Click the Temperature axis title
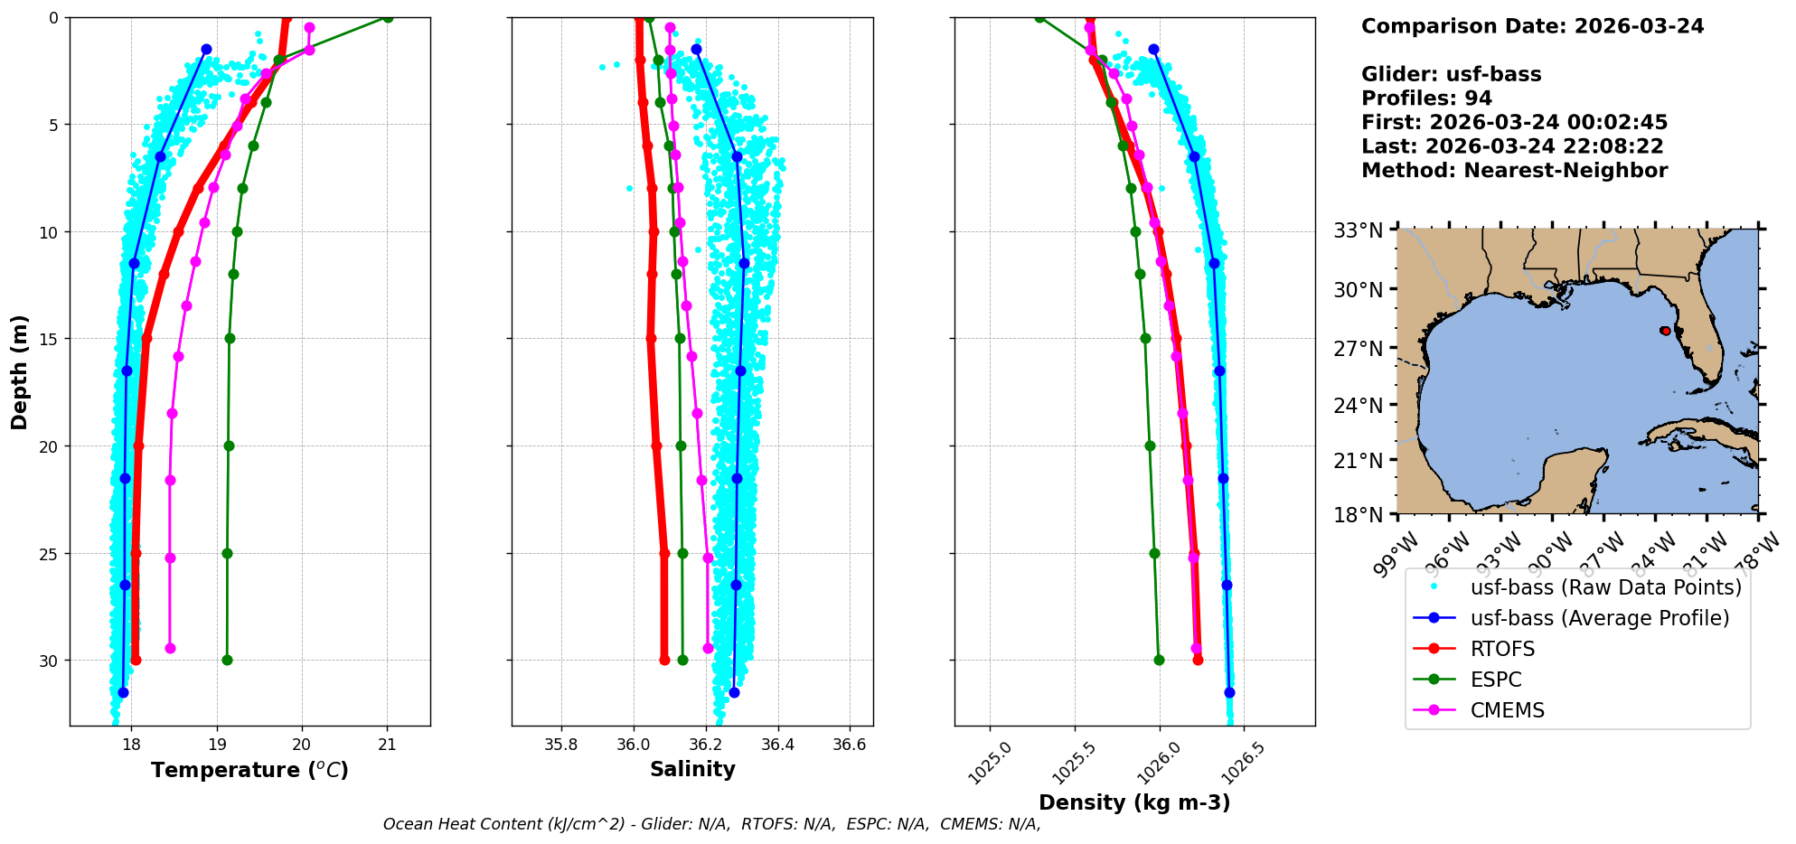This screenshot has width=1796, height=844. (x=249, y=770)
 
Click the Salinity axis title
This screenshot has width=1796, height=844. (x=692, y=769)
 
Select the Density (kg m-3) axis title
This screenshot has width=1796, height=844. (x=1134, y=802)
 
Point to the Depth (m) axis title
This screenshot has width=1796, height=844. (x=20, y=371)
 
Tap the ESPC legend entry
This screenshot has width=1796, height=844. (x=1495, y=680)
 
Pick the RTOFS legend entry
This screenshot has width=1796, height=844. (x=1502, y=649)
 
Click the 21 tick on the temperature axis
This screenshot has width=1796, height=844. (x=387, y=745)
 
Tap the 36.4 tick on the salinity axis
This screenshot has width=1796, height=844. (x=777, y=745)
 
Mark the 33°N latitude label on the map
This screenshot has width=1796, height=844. (x=1359, y=230)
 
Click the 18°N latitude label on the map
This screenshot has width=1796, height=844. (x=1359, y=515)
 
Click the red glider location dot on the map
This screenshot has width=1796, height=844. (x=1665, y=331)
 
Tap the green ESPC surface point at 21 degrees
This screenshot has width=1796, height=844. (x=388, y=17)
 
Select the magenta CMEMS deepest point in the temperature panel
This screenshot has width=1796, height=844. (x=170, y=648)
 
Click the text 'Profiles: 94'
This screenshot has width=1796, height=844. (x=1426, y=98)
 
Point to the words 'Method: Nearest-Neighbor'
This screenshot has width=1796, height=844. (x=1514, y=171)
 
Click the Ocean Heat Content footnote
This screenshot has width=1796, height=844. (x=711, y=824)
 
